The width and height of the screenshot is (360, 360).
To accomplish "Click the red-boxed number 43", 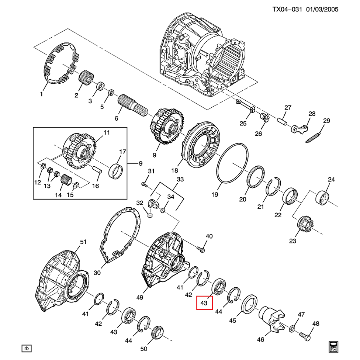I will pyautogui.click(x=205, y=303).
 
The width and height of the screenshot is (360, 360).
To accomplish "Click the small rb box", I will pyautogui.click(x=26, y=348).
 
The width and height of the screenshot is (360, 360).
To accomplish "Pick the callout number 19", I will pyautogui.click(x=215, y=194).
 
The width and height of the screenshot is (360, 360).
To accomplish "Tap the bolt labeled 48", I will pyautogui.click(x=305, y=336).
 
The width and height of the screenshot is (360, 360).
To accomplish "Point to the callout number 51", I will pyautogui.click(x=83, y=242).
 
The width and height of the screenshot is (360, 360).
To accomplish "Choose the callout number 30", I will pyautogui.click(x=97, y=273).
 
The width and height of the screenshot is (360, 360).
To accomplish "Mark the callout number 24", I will pyautogui.click(x=331, y=180).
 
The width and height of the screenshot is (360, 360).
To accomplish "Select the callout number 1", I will pyautogui.click(x=41, y=94).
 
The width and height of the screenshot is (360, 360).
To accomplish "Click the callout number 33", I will pyautogui.click(x=180, y=179).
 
